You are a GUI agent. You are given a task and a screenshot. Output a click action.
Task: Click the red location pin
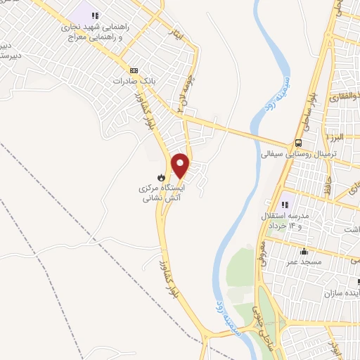(181, 165)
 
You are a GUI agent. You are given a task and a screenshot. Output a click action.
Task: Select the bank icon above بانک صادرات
(134, 70)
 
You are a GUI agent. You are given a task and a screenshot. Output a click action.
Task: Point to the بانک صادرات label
(133, 81)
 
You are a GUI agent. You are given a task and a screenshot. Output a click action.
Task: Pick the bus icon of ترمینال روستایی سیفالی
(299, 141)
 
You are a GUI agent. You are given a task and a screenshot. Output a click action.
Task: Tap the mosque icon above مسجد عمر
(304, 251)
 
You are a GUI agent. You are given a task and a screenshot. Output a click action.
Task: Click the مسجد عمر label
(304, 262)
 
